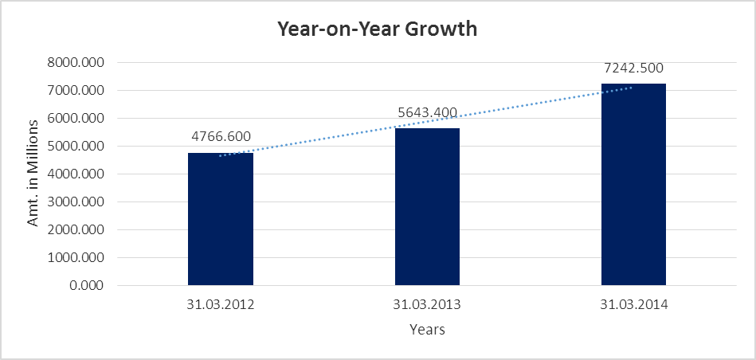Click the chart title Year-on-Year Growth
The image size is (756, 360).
[377, 29]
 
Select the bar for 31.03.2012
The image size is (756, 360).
[221, 219]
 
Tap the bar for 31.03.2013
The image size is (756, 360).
[427, 207]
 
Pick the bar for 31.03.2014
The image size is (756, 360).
[633, 185]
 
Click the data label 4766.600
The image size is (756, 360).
[221, 136]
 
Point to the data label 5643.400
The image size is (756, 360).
[427, 112]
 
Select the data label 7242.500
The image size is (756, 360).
[633, 68]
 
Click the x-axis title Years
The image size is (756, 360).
[427, 329]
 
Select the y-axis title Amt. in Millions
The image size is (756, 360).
[33, 173]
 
